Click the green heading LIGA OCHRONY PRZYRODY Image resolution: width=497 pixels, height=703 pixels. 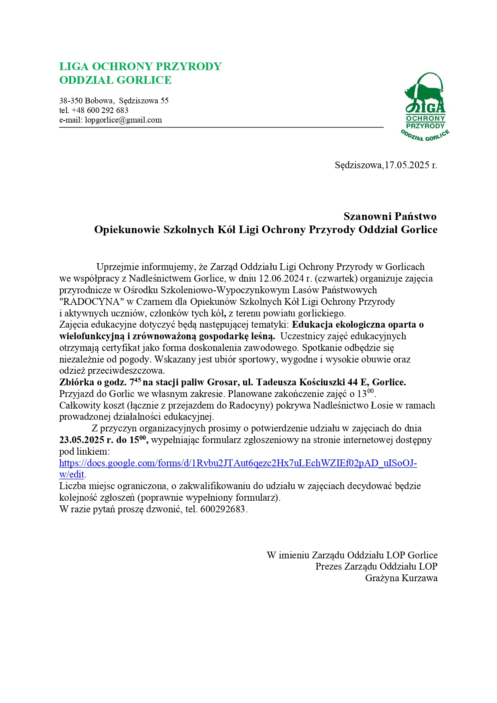(140, 66)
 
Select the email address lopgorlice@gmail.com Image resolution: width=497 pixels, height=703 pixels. (123, 120)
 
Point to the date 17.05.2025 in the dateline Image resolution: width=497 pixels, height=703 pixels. (407, 165)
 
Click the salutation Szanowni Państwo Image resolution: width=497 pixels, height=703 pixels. (390, 216)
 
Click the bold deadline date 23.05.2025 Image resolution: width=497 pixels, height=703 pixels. (82, 440)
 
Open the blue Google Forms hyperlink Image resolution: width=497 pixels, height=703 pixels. (238, 463)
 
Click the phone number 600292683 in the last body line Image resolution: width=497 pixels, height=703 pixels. (223, 510)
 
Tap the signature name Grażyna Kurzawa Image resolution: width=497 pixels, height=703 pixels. (401, 578)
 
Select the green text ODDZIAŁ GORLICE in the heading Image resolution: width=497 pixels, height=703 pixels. (115, 80)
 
